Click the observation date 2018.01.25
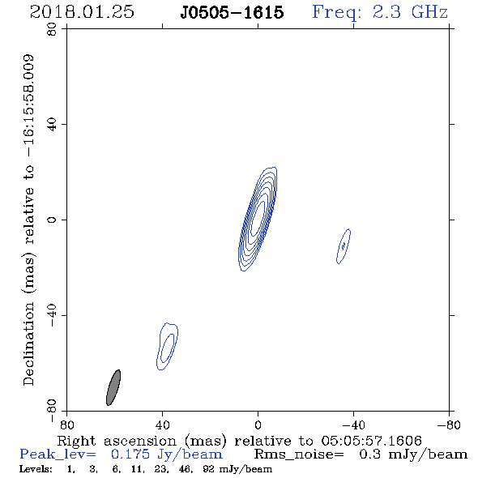[82, 12]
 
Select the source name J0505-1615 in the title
[232, 13]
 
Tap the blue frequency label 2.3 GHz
[410, 12]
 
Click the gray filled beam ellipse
[113, 387]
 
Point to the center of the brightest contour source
[258, 219]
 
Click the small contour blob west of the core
[344, 246]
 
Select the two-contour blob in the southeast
[168, 346]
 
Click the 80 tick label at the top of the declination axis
[52, 29]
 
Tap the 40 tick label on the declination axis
[52, 125]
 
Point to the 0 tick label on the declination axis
[52, 220]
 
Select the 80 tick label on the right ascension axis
[66, 425]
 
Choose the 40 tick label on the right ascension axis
[162, 425]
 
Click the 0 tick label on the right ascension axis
[258, 425]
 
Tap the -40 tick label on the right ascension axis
[353, 425]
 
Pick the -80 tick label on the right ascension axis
[449, 425]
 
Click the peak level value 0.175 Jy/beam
[166, 455]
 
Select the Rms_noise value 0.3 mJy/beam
[412, 455]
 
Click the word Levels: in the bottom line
[36, 469]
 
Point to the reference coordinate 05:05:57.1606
[371, 441]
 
